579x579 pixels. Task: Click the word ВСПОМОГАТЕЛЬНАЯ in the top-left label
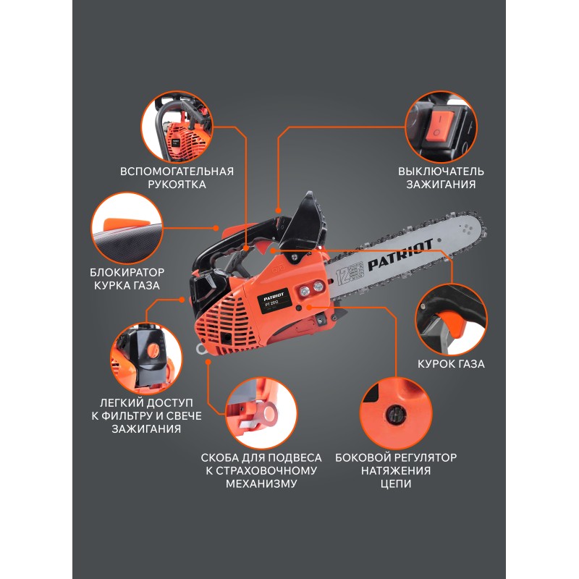(x=177, y=172)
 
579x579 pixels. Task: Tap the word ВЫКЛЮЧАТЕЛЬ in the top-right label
(x=441, y=172)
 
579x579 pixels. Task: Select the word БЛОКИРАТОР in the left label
(x=127, y=273)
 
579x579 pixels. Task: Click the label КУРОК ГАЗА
(x=451, y=364)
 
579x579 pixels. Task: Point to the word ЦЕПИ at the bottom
(x=396, y=483)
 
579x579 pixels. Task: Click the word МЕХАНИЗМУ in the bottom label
(x=261, y=483)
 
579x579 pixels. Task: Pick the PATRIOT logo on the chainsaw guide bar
(x=400, y=255)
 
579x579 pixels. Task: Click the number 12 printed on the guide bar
(x=342, y=275)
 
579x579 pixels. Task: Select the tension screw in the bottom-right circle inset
(x=395, y=414)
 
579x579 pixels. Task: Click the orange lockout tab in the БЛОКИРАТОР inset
(x=125, y=224)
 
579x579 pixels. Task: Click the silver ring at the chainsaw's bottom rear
(x=202, y=348)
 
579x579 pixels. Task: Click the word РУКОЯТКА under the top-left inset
(x=177, y=185)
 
